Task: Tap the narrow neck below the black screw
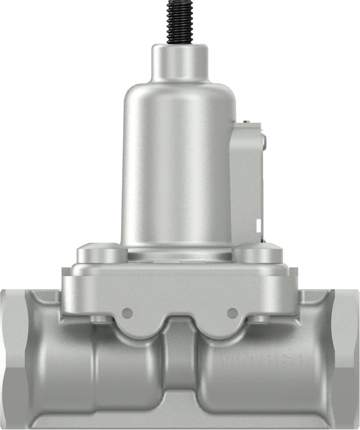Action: (180, 62)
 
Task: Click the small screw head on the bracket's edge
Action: (262, 139)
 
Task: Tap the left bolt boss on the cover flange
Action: (100, 253)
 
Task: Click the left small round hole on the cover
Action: (127, 313)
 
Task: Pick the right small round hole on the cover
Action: (232, 313)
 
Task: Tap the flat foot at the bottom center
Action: (180, 416)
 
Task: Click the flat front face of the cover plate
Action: (180, 293)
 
